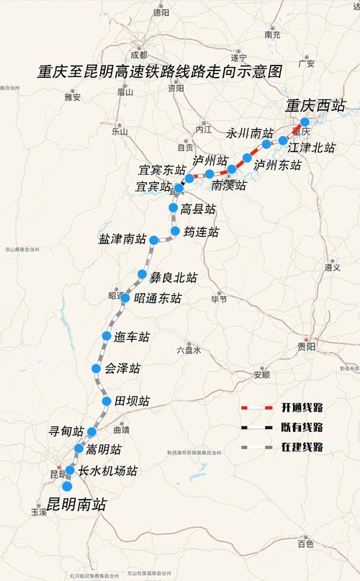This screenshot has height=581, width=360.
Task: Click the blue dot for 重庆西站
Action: coord(305,122)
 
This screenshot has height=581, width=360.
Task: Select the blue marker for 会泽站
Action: coord(96,369)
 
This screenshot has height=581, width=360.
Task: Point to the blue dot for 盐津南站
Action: coord(154,240)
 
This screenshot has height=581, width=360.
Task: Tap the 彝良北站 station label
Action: coord(174,277)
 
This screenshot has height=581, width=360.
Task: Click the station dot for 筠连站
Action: coord(176,231)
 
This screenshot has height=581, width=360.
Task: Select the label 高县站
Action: coord(199,210)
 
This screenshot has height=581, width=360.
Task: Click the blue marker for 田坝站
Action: coord(107,401)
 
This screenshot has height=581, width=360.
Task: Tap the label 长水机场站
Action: coord(107,472)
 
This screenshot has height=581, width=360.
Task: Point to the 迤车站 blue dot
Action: coord(107,336)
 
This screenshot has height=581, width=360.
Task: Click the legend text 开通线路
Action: coord(301,408)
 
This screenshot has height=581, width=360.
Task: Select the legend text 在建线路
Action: coord(301,447)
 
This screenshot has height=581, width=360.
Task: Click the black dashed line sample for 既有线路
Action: coord(256,428)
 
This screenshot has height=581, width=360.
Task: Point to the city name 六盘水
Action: coord(189,350)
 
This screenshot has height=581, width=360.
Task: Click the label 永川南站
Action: coord(250,133)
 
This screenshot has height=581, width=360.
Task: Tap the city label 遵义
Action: coord(332,267)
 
